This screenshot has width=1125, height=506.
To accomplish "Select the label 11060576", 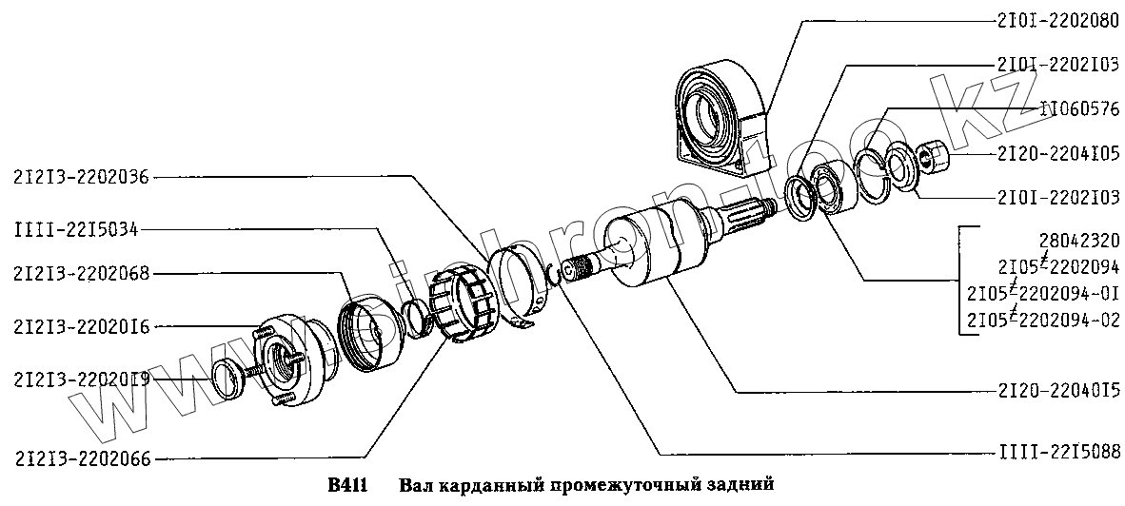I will tap(1066, 109).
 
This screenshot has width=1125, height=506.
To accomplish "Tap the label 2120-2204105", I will tap(1058, 152).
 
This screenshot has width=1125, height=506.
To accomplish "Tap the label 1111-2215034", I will tap(75, 229).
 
